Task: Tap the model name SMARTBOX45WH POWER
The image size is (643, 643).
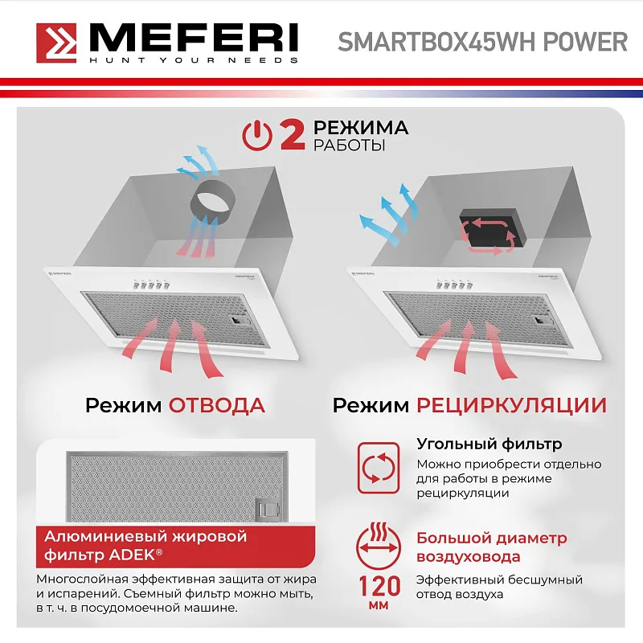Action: tap(482, 42)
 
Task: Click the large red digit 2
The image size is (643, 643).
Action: tap(291, 134)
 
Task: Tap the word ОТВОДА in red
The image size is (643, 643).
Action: tap(216, 404)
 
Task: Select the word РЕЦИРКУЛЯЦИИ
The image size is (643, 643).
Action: tap(511, 404)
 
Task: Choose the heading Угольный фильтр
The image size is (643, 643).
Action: tap(489, 444)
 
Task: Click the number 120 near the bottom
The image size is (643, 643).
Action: tap(376, 582)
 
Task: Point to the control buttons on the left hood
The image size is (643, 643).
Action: tap(151, 285)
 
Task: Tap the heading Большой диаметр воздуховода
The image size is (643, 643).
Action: tap(491, 547)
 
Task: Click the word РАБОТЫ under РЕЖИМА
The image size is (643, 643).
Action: tap(349, 146)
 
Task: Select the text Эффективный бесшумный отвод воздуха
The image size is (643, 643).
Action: tap(499, 587)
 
